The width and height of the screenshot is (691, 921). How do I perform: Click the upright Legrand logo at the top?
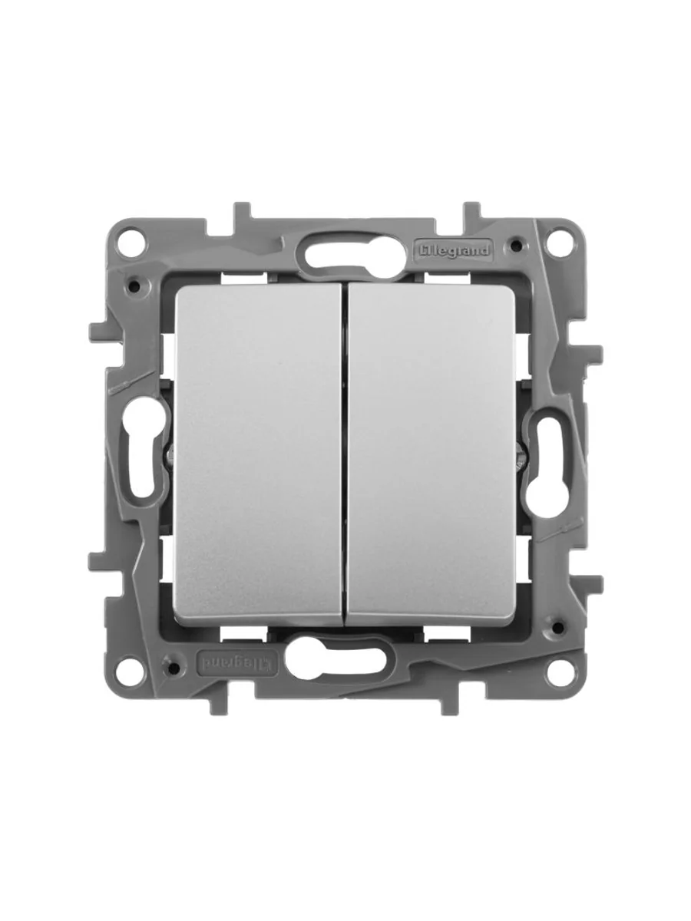(x=451, y=251)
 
